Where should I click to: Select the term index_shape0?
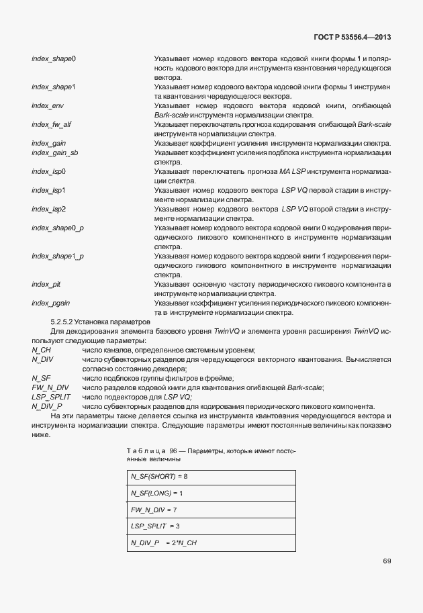53,58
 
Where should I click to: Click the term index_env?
47,106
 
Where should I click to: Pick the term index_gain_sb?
54,153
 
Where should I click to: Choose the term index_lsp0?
48,172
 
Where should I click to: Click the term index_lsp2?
48,209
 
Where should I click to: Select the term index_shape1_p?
57,256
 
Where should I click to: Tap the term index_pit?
46,285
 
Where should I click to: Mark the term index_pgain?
50,303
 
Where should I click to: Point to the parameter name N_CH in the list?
42,350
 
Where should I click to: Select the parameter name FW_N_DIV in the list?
50,388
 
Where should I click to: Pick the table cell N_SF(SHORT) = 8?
159,477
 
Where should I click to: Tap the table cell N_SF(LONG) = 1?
158,493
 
